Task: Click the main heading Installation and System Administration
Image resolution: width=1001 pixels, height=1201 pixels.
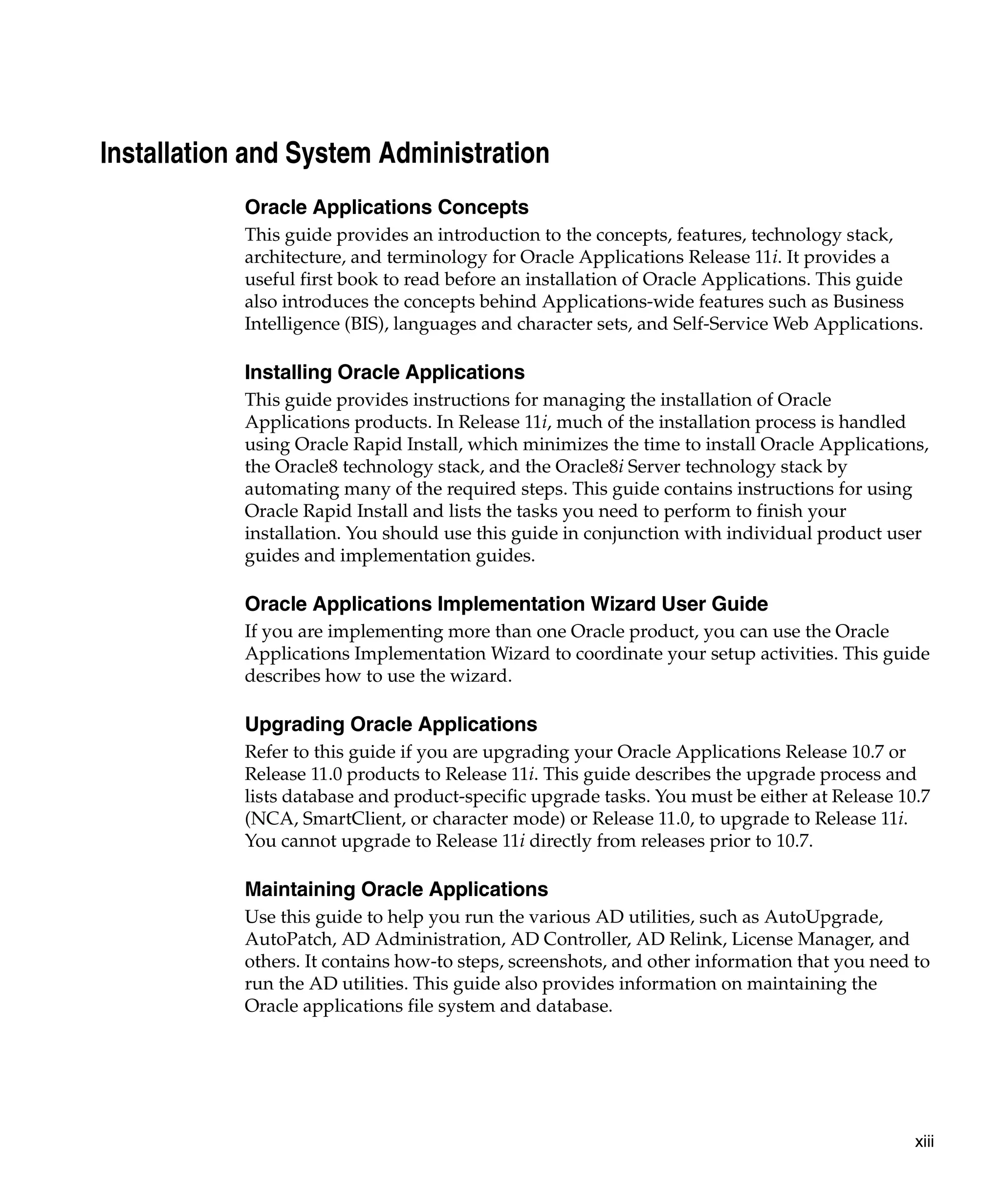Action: [x=325, y=153]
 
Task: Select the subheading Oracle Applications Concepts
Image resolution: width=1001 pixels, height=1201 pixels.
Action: [x=386, y=207]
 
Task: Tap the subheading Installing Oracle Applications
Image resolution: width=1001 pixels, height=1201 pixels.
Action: [x=384, y=372]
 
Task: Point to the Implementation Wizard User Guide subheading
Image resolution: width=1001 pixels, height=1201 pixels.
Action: [x=506, y=604]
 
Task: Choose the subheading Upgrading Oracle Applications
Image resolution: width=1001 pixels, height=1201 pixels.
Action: [x=391, y=724]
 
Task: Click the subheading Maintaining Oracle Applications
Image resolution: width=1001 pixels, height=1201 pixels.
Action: [x=396, y=889]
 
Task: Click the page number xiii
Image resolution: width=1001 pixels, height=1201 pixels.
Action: [x=924, y=1141]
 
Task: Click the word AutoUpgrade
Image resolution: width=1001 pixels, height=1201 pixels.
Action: [x=823, y=917]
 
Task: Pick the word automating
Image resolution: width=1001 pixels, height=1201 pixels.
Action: [x=291, y=489]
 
